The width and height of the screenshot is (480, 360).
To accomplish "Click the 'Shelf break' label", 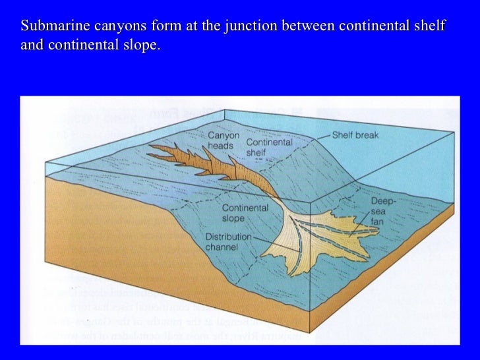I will pyautogui.click(x=357, y=135).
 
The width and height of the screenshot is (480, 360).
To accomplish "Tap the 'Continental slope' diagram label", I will pyautogui.click(x=245, y=213).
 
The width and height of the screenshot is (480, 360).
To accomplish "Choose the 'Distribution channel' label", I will pyautogui.click(x=228, y=242).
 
